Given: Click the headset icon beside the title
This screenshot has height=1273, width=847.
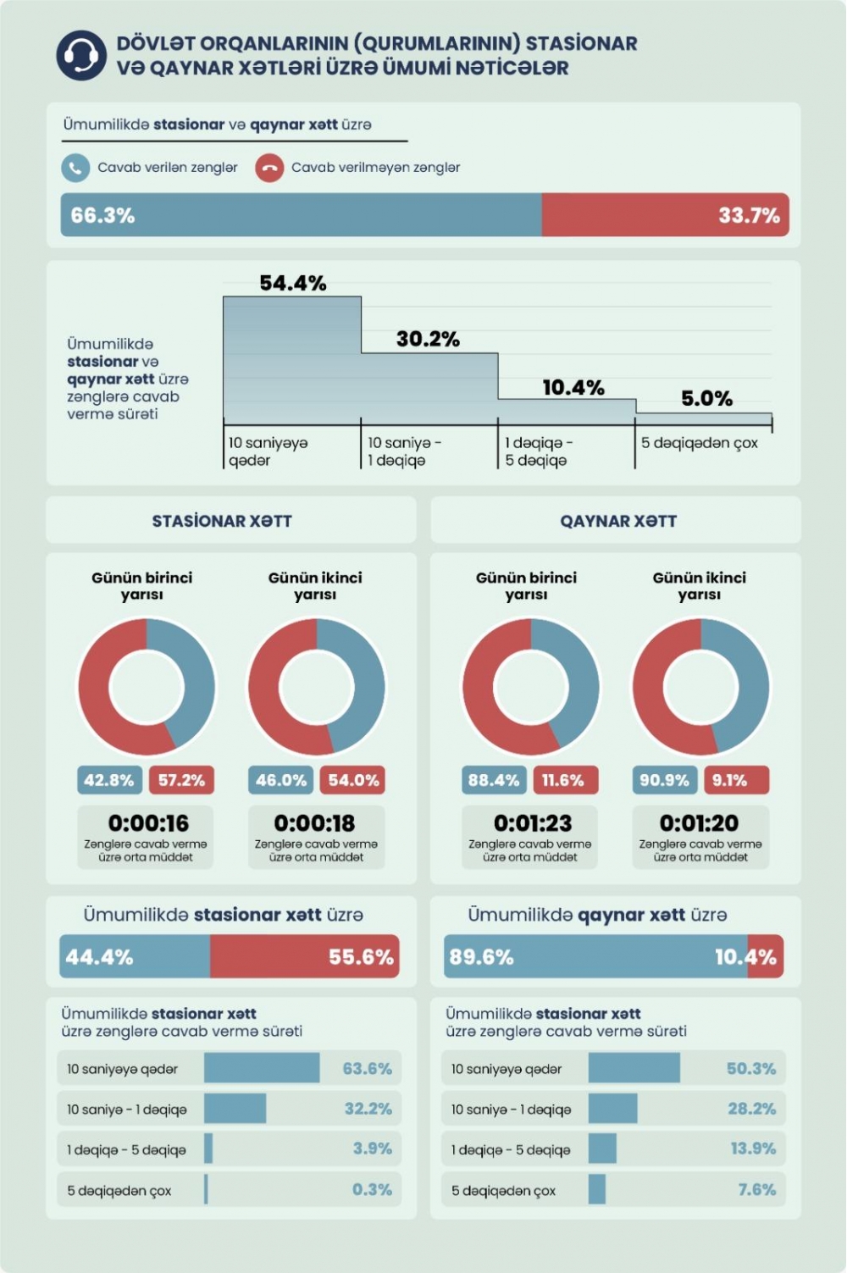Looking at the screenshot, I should click(x=81, y=56).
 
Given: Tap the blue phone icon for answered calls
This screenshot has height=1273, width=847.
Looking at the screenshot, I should click(x=75, y=168).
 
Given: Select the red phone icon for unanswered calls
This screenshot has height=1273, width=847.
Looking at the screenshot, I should click(x=269, y=168).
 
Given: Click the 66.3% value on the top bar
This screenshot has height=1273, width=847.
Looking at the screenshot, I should click(x=102, y=215).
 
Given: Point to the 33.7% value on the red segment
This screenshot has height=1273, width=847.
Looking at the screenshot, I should click(x=749, y=215).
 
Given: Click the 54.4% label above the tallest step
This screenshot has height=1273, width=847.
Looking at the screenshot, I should click(x=292, y=283).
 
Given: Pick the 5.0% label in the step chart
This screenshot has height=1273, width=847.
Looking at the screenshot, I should click(x=706, y=398).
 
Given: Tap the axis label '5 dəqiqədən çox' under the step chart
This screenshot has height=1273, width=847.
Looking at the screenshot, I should click(x=699, y=443).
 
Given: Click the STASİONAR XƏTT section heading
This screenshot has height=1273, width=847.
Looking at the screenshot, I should click(x=222, y=521).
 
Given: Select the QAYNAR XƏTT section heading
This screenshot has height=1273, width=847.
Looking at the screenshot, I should click(x=618, y=521).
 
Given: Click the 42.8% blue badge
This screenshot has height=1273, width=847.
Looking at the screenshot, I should click(x=109, y=780).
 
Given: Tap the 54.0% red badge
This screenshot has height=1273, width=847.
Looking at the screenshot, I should click(x=353, y=780).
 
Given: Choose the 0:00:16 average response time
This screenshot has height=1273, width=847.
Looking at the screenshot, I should click(x=148, y=822).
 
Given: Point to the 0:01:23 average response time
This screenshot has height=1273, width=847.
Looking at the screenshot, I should click(x=532, y=822).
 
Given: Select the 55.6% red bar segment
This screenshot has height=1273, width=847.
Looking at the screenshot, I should click(x=305, y=957).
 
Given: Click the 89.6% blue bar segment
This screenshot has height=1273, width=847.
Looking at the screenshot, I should click(x=593, y=957).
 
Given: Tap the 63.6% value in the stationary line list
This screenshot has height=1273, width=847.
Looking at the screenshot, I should click(x=367, y=1069).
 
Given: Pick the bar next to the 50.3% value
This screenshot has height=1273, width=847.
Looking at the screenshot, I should click(x=634, y=1068).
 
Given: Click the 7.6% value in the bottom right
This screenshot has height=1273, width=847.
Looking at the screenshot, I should click(x=756, y=1190).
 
